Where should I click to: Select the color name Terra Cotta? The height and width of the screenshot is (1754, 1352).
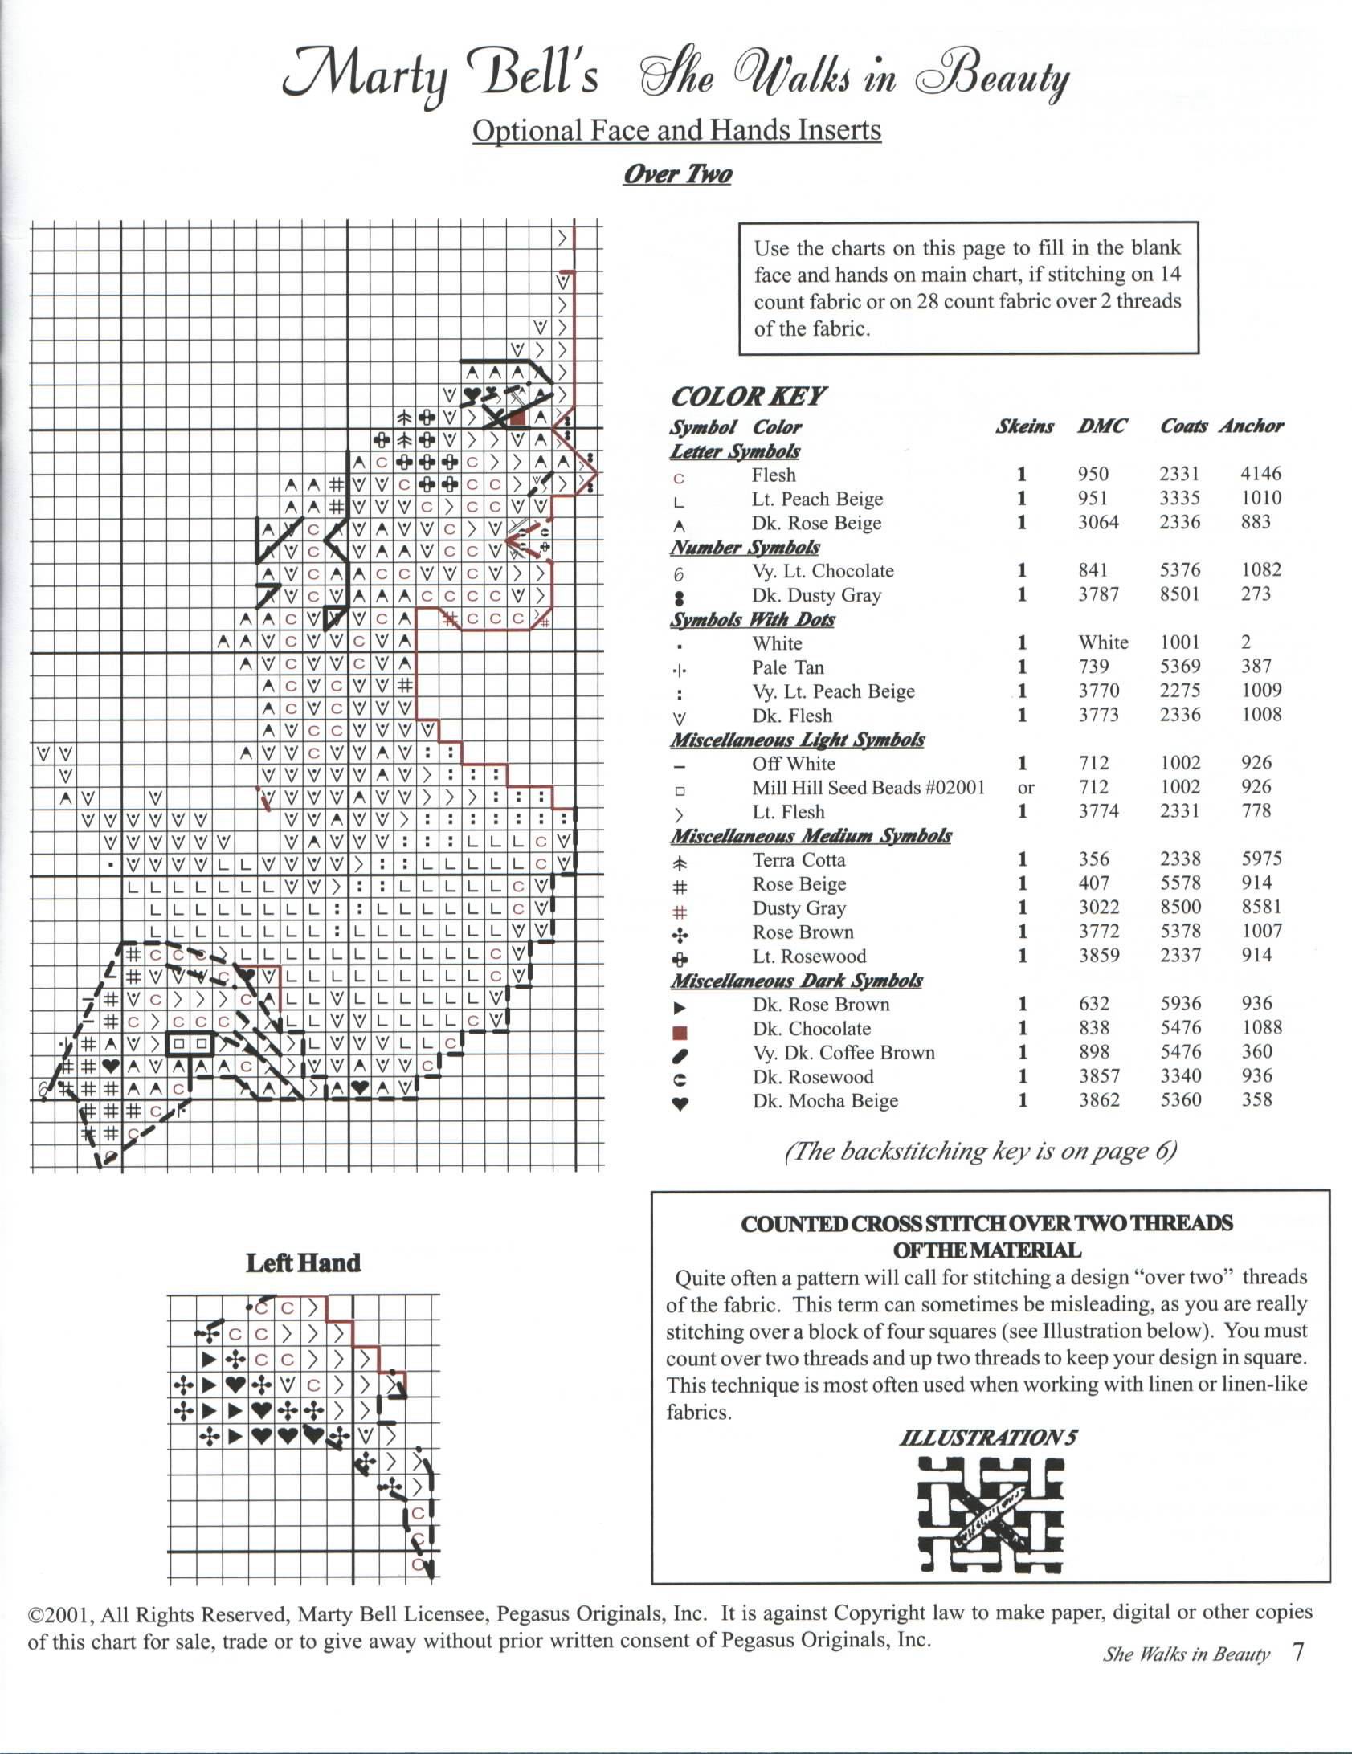(799, 860)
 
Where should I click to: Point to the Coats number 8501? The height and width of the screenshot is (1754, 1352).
(1179, 594)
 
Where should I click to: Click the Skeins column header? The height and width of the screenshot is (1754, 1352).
(1024, 426)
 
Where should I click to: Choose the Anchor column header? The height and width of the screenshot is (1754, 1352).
(1251, 426)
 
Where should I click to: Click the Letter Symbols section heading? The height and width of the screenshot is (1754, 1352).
(734, 451)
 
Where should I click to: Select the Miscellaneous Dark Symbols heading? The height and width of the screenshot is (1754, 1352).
(796, 981)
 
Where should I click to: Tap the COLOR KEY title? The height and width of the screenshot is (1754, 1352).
(748, 397)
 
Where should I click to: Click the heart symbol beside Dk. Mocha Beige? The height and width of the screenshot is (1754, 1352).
(680, 1103)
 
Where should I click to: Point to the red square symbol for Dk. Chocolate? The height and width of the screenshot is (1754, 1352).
(680, 1031)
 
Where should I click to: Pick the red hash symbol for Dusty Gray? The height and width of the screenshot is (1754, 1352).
(680, 912)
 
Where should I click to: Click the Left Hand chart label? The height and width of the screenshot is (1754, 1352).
(303, 1263)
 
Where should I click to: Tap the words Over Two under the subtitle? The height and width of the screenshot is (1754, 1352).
(677, 174)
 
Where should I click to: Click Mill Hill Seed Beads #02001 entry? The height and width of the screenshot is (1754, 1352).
(868, 788)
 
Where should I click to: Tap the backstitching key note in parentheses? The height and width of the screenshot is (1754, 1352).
(980, 1152)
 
